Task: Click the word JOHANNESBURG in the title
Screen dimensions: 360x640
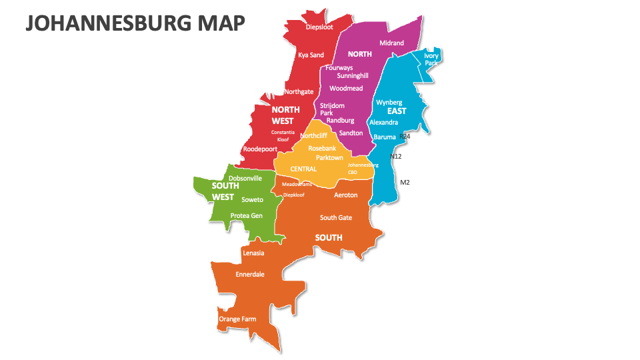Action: (109, 23)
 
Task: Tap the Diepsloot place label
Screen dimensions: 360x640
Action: (320, 27)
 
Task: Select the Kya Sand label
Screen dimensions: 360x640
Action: (311, 55)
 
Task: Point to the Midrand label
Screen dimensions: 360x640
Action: (391, 43)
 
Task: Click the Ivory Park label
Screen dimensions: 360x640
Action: (431, 59)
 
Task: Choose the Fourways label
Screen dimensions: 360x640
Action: (339, 67)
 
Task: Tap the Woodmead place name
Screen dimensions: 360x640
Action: (346, 88)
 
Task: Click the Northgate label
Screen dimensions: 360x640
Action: (299, 91)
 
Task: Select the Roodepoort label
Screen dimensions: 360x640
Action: (260, 149)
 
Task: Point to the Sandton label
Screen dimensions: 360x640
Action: (351, 133)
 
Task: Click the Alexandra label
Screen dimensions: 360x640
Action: (383, 122)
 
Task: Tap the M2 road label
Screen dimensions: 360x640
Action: (405, 182)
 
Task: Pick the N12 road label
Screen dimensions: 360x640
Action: (396, 156)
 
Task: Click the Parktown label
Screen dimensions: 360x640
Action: (329, 157)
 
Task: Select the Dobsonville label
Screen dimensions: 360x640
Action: (245, 178)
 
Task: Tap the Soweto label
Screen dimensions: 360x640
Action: (252, 199)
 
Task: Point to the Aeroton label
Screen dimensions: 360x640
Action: (345, 195)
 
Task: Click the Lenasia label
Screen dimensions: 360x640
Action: (253, 253)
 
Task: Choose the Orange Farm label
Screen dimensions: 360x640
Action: (237, 319)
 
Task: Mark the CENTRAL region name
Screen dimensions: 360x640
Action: (303, 169)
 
